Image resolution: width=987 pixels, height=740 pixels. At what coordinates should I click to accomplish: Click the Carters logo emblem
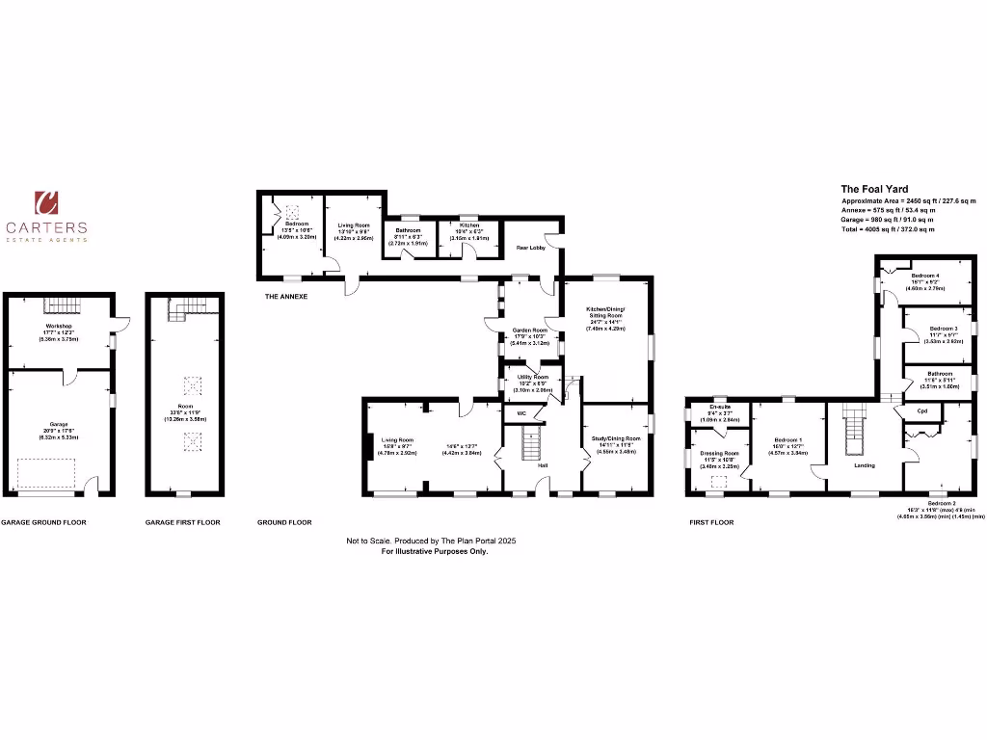(46, 202)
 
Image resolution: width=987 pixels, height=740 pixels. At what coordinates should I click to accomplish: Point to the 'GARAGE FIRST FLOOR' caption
(182, 522)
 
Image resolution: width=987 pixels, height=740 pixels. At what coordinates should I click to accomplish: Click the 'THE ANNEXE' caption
(286, 297)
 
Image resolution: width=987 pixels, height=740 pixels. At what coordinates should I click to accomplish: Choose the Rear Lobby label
(532, 247)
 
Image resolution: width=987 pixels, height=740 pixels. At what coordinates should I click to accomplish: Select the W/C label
(521, 414)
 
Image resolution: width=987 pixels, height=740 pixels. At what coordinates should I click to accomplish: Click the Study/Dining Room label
(618, 438)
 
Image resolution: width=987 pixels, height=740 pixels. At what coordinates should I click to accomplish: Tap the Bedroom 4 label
(925, 276)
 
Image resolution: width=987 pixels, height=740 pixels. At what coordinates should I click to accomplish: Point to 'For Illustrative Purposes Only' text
(435, 551)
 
